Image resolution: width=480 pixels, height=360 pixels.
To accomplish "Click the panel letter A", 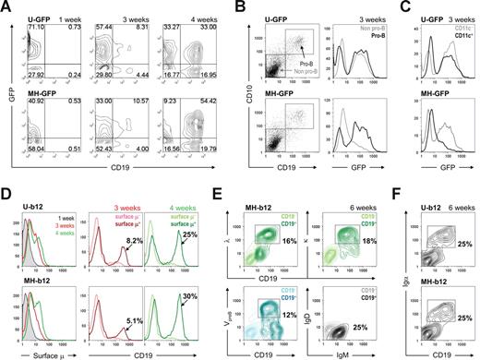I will coord(7,9).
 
